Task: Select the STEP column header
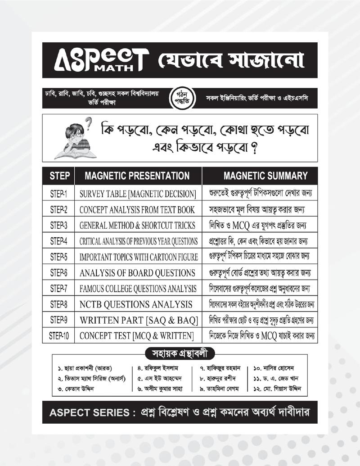pyautogui.click(x=59, y=176)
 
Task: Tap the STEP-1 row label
pyautogui.click(x=59, y=194)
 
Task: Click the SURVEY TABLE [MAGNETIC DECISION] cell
pyautogui.click(x=137, y=194)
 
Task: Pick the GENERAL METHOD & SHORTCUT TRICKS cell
pyautogui.click(x=137, y=226)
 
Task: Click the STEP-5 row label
pyautogui.click(x=59, y=257)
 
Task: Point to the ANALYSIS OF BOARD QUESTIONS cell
pyautogui.click(x=137, y=273)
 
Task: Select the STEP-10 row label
pyautogui.click(x=59, y=336)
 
